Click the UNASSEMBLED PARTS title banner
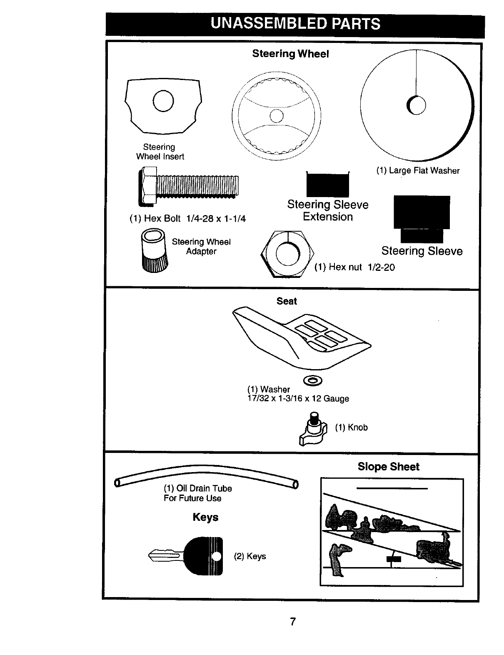point(295,24)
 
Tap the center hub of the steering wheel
point(277,116)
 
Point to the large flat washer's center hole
point(417,105)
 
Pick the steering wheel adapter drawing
point(155,250)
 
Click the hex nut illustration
point(287,254)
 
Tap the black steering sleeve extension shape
point(327,185)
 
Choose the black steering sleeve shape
point(422,217)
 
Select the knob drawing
point(311,429)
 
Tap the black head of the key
point(204,556)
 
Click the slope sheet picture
point(392,532)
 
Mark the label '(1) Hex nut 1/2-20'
point(354,267)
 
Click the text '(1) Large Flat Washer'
point(418,171)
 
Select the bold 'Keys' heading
point(205,517)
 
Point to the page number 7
point(293,622)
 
